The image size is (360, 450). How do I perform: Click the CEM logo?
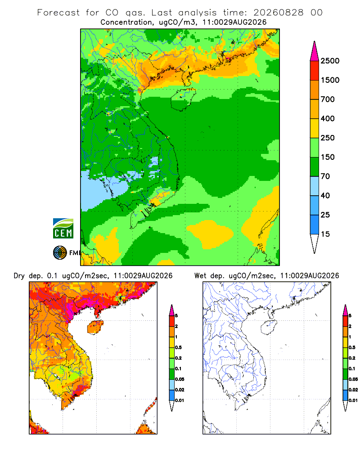[63, 228]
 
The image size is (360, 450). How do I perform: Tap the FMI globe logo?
[60, 253]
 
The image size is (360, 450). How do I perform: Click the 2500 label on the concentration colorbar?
[330, 61]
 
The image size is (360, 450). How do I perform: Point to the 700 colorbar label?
[328, 99]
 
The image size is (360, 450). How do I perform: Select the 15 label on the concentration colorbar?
[325, 234]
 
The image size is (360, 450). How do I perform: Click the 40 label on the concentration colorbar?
[325, 196]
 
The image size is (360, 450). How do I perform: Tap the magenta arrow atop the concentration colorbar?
[315, 51]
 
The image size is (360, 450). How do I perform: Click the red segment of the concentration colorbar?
[315, 71]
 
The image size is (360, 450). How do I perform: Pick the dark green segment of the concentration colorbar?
[315, 167]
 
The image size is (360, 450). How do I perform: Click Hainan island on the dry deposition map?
[95, 327]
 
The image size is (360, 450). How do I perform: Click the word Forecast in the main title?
[58, 13]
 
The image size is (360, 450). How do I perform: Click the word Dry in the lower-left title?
[19, 276]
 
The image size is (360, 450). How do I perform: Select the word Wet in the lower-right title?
[200, 276]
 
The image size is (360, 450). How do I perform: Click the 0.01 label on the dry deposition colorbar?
[180, 400]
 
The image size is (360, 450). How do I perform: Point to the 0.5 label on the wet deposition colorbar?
[352, 347]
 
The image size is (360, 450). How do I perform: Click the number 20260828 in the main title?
[278, 13]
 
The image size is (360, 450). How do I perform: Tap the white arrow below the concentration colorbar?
[315, 244]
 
